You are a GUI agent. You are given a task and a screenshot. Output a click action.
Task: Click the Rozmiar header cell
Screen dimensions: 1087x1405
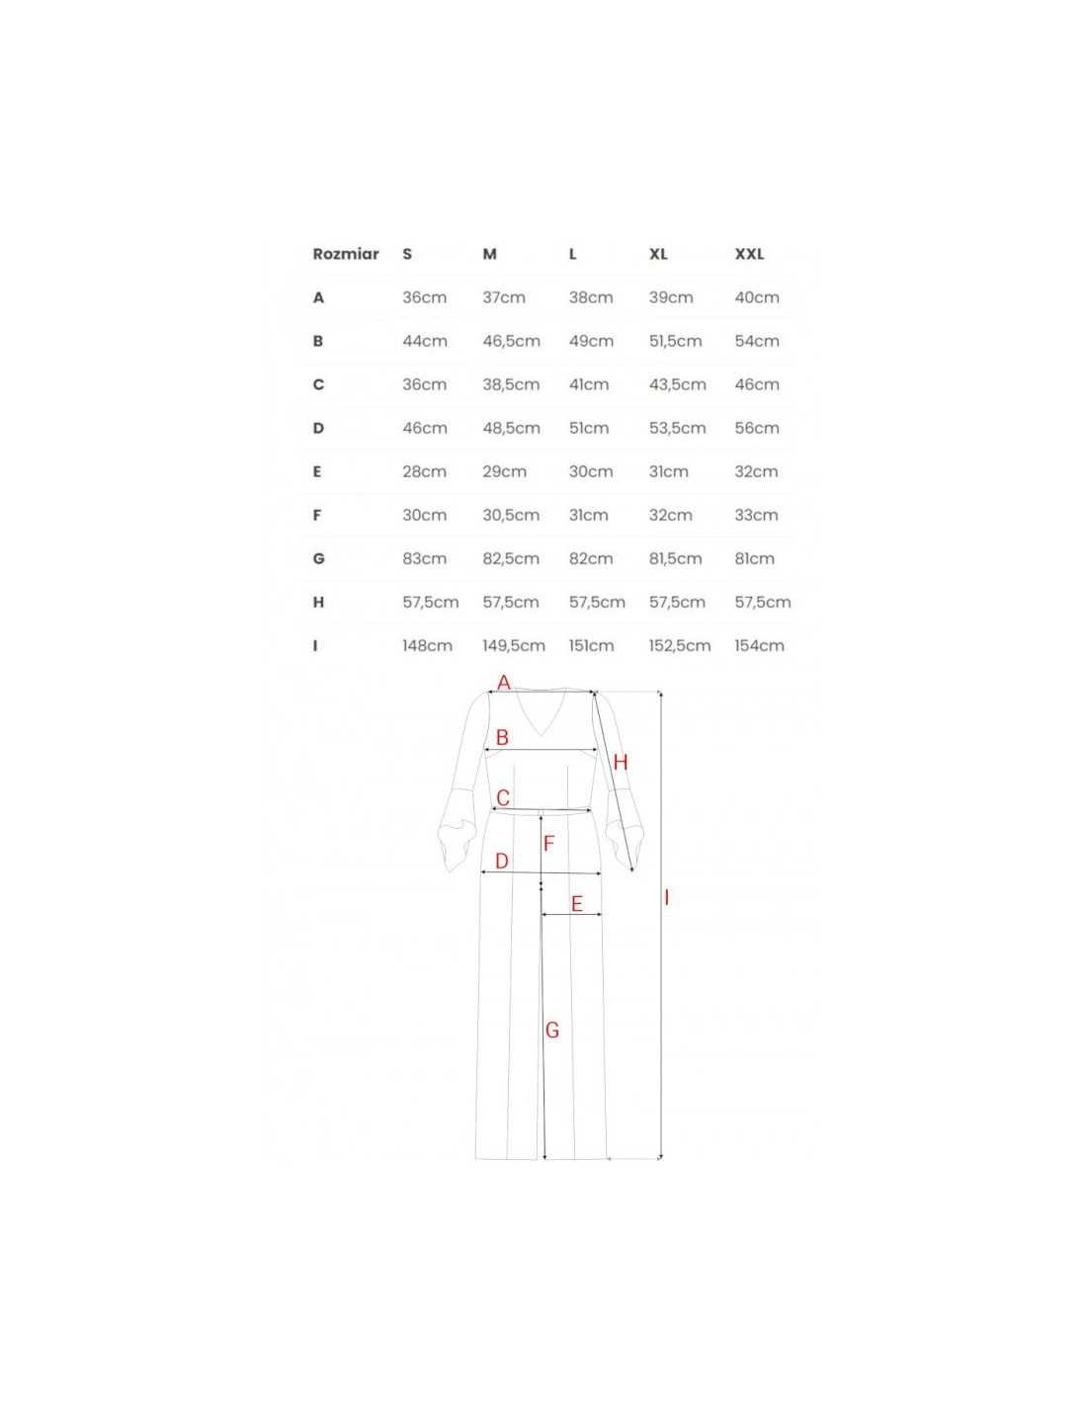pyautogui.click(x=345, y=254)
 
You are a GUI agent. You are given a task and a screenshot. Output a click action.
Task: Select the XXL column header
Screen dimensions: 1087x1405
pyautogui.click(x=749, y=254)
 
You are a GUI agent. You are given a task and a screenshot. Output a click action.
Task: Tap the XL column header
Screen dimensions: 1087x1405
pyautogui.click(x=658, y=254)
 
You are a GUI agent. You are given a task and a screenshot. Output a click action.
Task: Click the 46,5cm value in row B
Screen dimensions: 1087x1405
pyautogui.click(x=511, y=342)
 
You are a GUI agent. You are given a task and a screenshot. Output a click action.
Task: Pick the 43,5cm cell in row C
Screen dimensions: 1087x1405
pyautogui.click(x=677, y=384)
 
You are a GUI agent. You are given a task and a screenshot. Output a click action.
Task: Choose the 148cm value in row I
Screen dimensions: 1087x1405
pyautogui.click(x=427, y=646)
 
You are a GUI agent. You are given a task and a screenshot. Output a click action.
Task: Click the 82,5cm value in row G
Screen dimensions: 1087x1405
pyautogui.click(x=511, y=558)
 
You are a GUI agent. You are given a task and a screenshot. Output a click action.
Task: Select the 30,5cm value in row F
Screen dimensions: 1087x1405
pyautogui.click(x=511, y=516)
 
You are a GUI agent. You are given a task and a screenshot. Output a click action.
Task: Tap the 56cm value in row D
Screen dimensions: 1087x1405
pyautogui.click(x=757, y=428)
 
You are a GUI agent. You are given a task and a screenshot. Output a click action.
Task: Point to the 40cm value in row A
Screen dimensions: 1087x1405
pyautogui.click(x=757, y=297)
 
